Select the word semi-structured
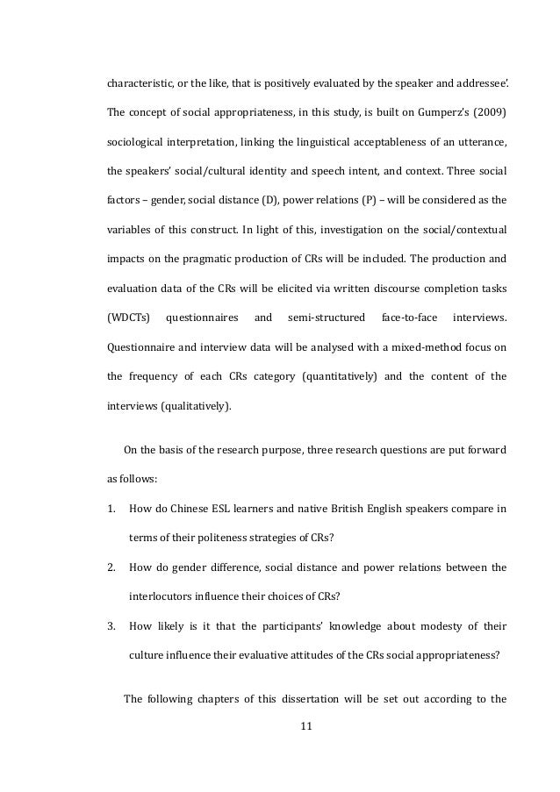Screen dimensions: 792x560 click(325, 315)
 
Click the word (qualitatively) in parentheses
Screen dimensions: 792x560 click(201, 406)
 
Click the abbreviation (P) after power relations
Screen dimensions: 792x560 click(370, 199)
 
